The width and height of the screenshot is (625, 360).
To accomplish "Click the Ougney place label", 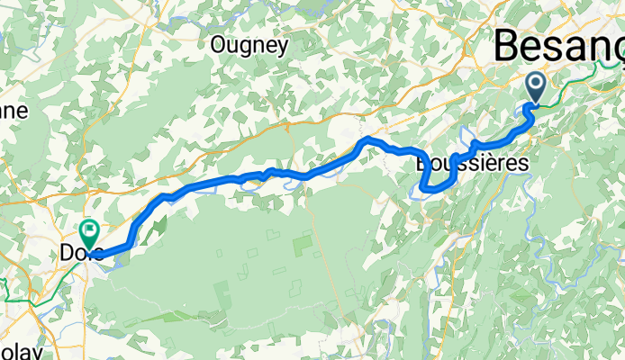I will pos(249,44).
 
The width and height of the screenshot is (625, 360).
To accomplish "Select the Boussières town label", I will pos(472,165).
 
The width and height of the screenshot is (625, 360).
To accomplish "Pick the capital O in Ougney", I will pos(218,44).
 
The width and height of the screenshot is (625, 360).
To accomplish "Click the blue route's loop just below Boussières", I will pos(430,186).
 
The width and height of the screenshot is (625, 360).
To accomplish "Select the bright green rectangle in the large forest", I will pos(303,244).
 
